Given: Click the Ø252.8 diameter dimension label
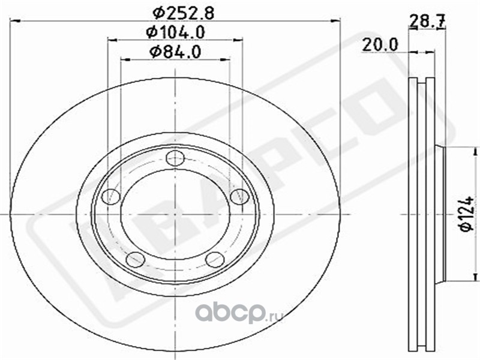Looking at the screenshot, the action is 183,13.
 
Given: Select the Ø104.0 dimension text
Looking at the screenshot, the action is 175,32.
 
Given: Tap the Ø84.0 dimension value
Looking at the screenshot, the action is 175,52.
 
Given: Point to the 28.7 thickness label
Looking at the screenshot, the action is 427,22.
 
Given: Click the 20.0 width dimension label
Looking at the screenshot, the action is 380,44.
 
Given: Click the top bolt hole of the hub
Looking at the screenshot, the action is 175,158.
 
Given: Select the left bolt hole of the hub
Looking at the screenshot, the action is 110,196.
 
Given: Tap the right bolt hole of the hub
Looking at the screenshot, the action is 239,196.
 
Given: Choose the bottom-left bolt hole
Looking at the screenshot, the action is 136,259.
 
